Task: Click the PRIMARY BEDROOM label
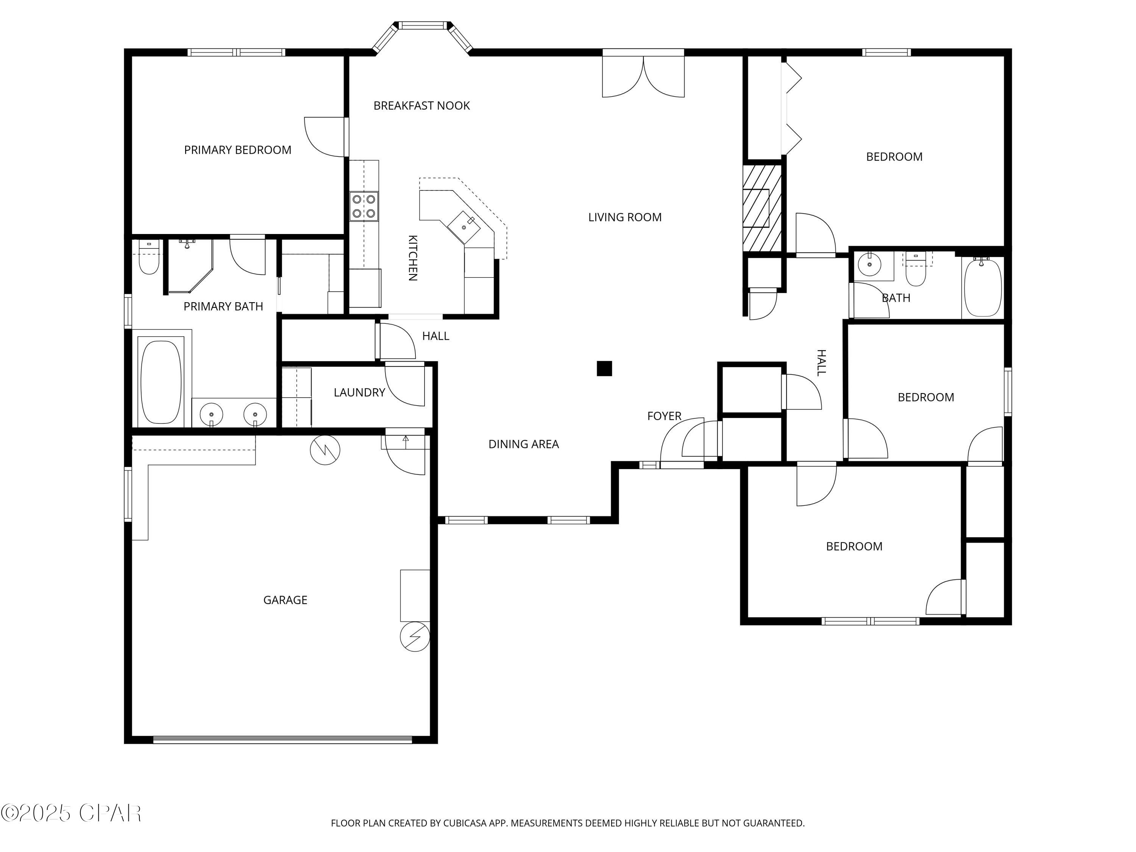click(237, 150)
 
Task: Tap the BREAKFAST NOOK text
click(421, 106)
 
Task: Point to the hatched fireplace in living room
click(762, 208)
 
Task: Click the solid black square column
click(604, 369)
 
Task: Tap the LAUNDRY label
click(359, 392)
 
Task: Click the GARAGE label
click(285, 600)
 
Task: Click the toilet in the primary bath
click(149, 259)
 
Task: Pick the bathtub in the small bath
click(982, 287)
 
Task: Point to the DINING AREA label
click(523, 444)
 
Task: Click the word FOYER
click(664, 416)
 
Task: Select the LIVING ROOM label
click(624, 217)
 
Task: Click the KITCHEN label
click(412, 258)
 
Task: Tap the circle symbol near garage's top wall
click(325, 450)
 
